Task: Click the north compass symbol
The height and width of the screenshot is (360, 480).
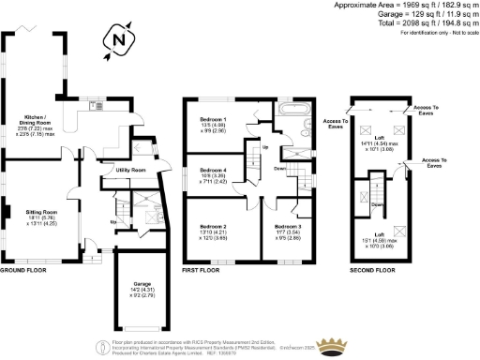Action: coord(116,40)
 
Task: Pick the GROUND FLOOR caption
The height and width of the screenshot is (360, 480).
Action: coord(22,270)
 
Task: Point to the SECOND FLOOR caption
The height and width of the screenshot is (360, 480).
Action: coord(370,270)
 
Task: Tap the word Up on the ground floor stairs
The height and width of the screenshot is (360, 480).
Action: coord(114,221)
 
